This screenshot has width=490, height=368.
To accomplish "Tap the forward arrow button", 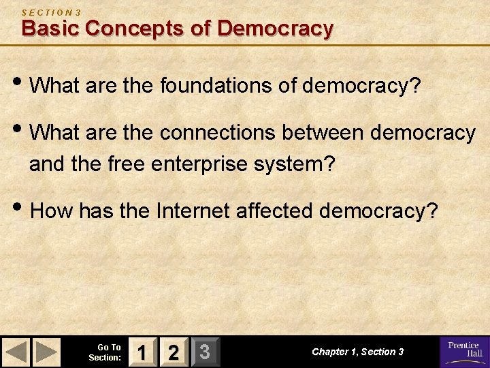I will [x=47, y=352].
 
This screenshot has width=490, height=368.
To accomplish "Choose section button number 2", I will [x=174, y=352].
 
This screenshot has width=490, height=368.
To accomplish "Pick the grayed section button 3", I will [x=203, y=352].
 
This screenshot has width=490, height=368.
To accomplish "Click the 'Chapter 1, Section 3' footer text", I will [x=357, y=352].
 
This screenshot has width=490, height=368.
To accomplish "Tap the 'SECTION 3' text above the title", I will [x=52, y=12].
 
